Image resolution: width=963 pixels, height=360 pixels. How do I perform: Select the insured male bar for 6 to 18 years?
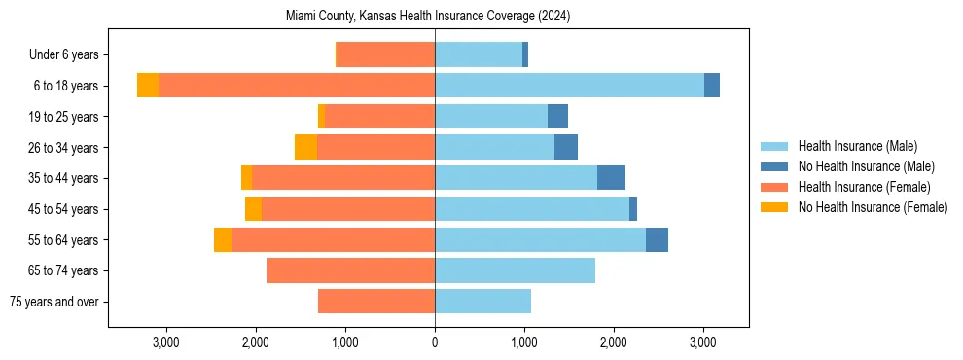click(569, 86)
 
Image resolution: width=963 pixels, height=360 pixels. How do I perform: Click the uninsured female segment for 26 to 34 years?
click(305, 147)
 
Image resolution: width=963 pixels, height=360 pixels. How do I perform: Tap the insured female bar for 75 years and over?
click(375, 302)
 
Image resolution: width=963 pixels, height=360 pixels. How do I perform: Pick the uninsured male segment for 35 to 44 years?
click(611, 178)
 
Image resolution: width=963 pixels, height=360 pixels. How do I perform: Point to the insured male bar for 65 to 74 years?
click(515, 270)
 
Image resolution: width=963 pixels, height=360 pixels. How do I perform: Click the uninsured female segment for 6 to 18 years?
click(148, 86)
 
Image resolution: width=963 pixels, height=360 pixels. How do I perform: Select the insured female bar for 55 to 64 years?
click(333, 239)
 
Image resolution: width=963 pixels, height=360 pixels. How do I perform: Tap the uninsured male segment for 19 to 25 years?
click(557, 117)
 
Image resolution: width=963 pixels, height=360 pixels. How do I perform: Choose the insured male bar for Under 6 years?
click(478, 54)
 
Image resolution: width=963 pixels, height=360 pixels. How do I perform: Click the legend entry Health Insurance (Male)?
click(857, 146)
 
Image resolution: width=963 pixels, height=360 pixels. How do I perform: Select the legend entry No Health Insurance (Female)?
click(873, 207)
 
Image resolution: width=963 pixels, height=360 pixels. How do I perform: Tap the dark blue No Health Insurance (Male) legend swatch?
click(774, 166)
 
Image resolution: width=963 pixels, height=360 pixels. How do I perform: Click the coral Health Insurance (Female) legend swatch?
click(774, 187)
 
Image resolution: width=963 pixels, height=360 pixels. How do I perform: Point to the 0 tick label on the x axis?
click(435, 342)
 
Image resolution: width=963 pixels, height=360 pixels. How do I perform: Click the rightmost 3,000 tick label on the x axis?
click(703, 342)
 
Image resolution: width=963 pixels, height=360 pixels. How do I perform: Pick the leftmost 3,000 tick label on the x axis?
click(165, 342)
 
